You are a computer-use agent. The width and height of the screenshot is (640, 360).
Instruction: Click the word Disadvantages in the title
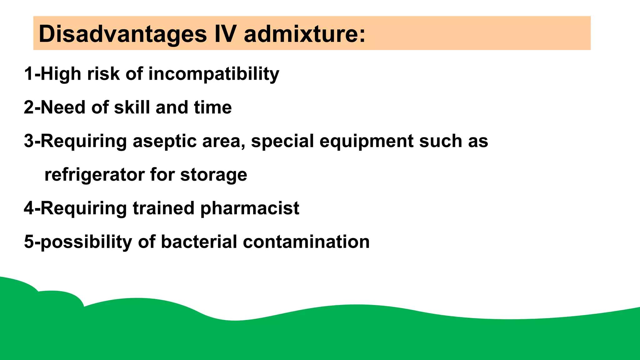122,34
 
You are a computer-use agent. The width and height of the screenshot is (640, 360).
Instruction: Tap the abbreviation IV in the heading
225,34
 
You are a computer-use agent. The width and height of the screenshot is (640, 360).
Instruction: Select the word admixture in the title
304,34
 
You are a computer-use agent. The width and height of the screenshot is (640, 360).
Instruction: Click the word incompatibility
214,74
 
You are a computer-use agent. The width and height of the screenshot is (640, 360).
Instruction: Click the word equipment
366,141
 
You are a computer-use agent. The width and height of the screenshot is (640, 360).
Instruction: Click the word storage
213,175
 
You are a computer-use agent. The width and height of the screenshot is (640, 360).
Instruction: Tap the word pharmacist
249,208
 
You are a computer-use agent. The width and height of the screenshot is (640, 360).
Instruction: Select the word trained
163,208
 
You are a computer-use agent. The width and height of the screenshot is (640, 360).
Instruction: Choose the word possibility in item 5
86,242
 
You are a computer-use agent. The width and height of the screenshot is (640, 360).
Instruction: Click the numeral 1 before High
28,74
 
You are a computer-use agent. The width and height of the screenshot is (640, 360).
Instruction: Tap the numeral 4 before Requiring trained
29,208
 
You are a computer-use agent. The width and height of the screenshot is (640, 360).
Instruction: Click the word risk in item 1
103,74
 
